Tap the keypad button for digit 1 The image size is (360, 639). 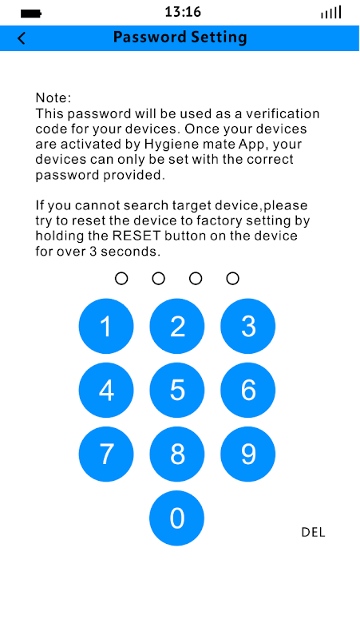click(106, 326)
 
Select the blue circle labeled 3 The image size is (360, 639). click(247, 326)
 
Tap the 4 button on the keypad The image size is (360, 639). click(106, 390)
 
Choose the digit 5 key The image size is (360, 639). click(176, 390)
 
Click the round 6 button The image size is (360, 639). click(247, 390)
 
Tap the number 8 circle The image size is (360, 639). click(176, 454)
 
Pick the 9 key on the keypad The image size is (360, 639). click(247, 454)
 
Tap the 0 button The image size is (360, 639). click(176, 518)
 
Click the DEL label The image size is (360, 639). click(313, 532)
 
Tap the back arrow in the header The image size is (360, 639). click(22, 38)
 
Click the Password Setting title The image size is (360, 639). click(180, 38)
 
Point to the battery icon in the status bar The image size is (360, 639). click(31, 14)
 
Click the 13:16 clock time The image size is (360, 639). click(183, 12)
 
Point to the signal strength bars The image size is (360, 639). click(330, 13)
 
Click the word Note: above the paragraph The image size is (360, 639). click(53, 97)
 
